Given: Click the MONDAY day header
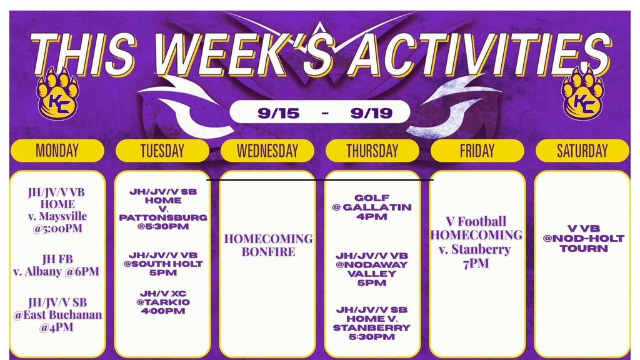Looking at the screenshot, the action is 57,151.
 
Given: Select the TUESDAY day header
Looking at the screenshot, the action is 162,151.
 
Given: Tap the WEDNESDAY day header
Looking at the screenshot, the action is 267,151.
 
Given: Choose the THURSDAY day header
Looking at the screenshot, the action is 372,151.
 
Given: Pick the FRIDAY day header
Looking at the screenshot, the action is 477,151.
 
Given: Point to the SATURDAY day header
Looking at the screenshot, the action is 582,151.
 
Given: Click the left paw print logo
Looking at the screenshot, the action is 57,93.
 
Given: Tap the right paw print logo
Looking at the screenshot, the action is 582,93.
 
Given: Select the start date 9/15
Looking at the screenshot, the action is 278,113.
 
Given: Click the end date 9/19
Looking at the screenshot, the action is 371,113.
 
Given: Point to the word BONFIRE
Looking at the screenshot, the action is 268,252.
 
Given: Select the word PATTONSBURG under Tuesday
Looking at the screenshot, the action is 163,217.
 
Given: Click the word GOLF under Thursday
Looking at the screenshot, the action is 372,198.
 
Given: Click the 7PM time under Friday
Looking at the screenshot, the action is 476,264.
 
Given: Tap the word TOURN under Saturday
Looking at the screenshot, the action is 584,248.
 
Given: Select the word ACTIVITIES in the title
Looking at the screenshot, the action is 478,54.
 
